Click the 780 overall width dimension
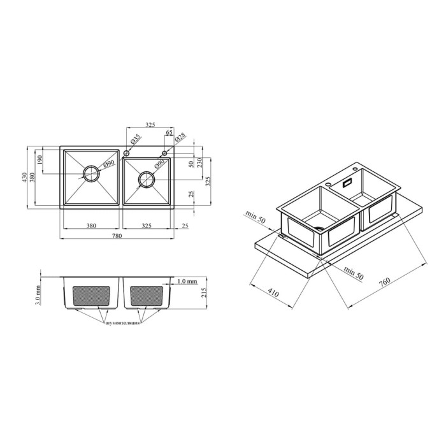click(x=117, y=236)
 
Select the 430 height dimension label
click(x=24, y=177)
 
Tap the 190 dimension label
click(x=40, y=160)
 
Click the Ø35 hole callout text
click(x=136, y=140)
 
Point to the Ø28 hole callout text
click(x=180, y=137)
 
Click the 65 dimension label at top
click(x=169, y=133)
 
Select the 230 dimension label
click(x=199, y=162)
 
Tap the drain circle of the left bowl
click(x=91, y=173)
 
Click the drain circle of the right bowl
click(x=147, y=180)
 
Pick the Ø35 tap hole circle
click(x=126, y=154)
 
